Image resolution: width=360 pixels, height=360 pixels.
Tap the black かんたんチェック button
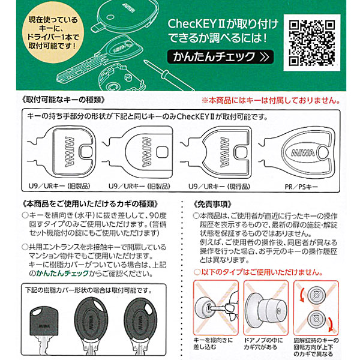pos(220,58)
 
